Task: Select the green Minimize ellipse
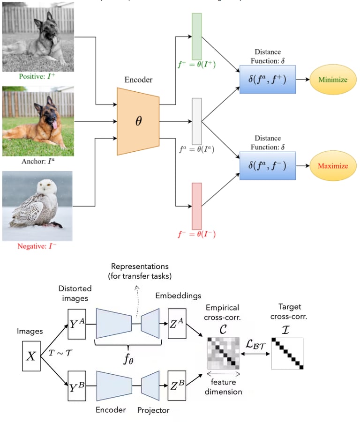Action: click(x=332, y=80)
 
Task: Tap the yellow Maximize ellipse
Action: click(x=332, y=166)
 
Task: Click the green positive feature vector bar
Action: click(x=196, y=36)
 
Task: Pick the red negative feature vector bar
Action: click(x=196, y=206)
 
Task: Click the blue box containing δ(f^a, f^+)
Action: click(x=268, y=79)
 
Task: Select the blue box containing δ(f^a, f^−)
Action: click(x=268, y=165)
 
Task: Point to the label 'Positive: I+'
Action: click(x=38, y=75)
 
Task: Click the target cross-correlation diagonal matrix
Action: click(x=287, y=353)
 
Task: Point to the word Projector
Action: click(x=153, y=410)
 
